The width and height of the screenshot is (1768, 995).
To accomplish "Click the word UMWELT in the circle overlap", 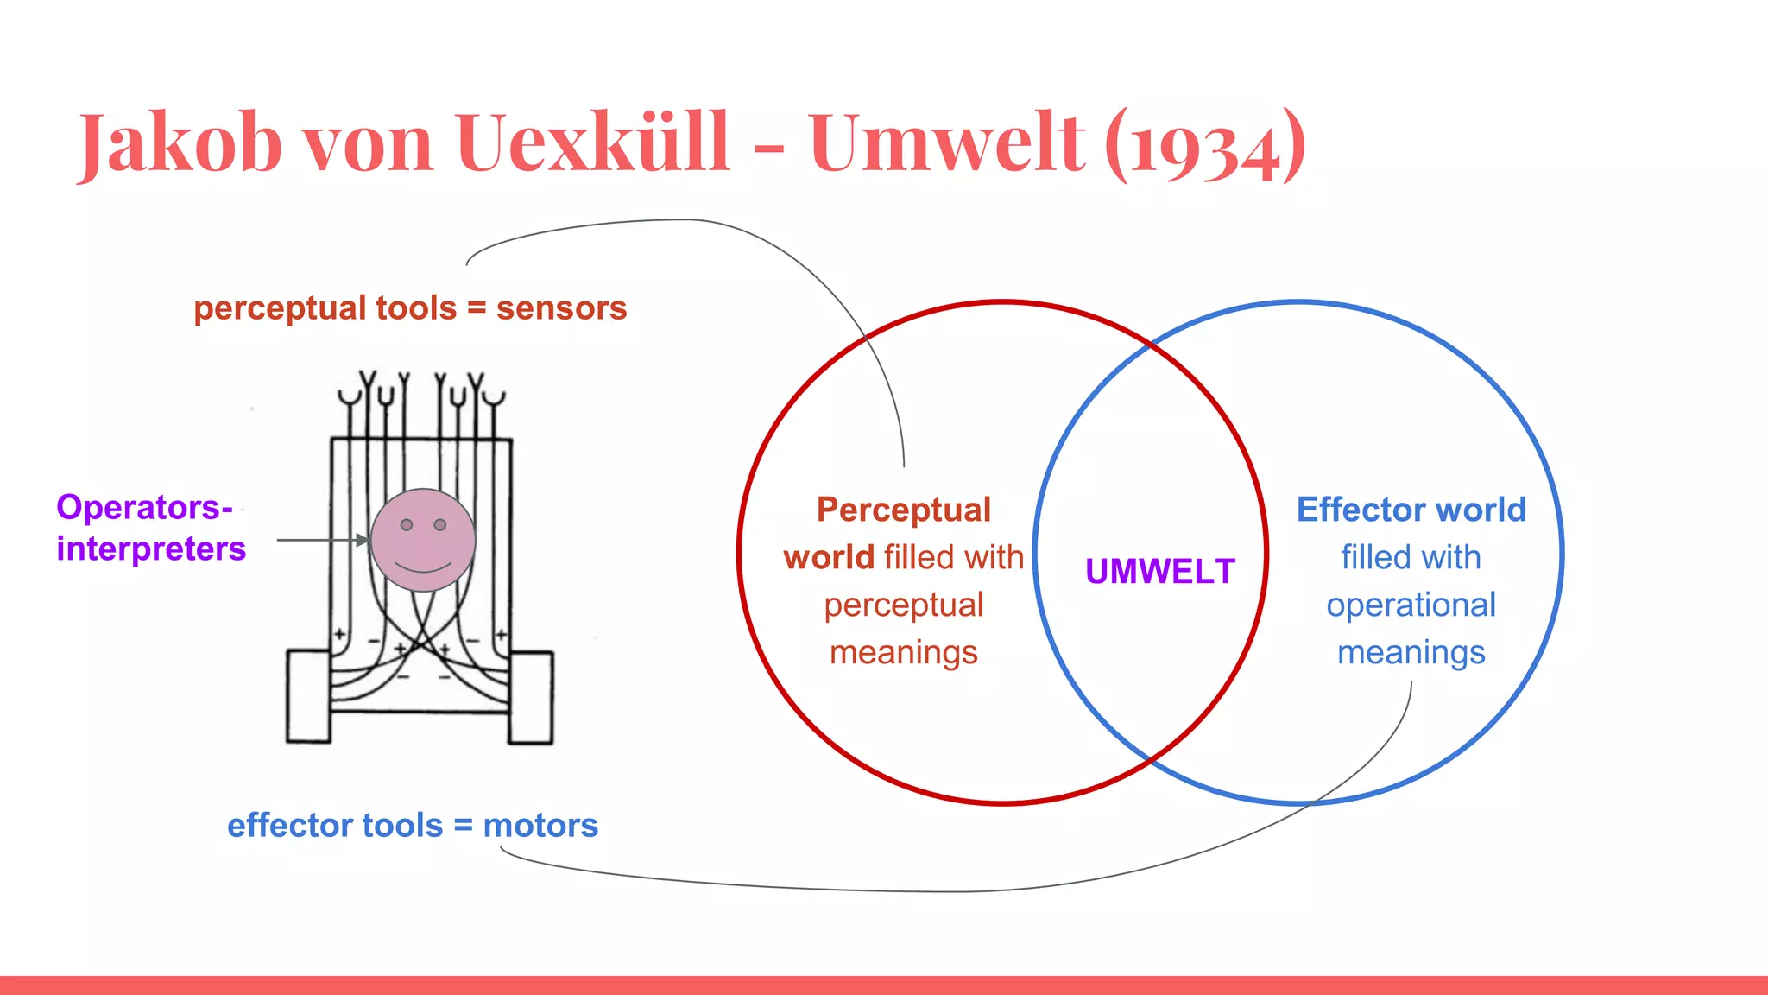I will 1160,572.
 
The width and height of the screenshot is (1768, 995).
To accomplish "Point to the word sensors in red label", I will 561,308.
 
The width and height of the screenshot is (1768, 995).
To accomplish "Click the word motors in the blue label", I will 540,826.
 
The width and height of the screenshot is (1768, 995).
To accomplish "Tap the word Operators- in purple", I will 144,507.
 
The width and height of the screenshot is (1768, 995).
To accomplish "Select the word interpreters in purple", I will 151,549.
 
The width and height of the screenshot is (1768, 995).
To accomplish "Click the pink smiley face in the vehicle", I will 423,540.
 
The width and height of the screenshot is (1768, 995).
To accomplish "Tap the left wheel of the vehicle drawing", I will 308,697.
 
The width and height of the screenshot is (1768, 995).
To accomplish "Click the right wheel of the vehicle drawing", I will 531,697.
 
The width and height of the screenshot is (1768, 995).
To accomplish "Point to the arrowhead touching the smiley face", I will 363,540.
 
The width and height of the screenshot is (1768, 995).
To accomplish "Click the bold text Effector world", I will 1411,510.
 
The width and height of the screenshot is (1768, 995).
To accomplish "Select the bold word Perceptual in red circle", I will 904,510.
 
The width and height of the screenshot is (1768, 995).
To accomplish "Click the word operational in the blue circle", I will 1411,605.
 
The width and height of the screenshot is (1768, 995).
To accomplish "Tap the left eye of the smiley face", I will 407,524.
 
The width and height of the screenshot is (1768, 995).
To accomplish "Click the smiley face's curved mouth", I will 423,567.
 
